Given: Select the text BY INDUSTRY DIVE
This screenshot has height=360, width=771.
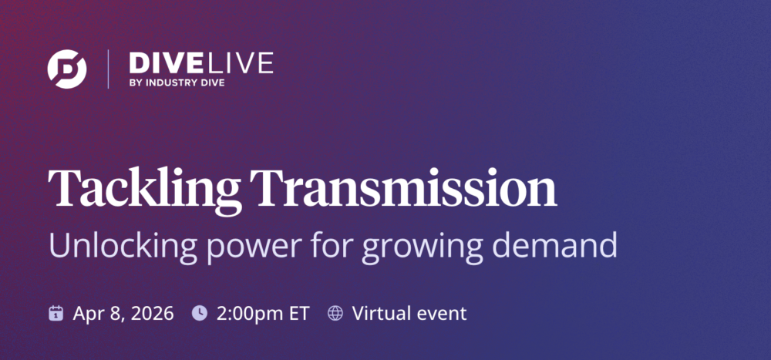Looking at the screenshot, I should (x=177, y=82).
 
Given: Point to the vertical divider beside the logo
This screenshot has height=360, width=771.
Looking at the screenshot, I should (x=108, y=69).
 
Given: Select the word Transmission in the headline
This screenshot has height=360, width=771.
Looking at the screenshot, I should (x=405, y=187).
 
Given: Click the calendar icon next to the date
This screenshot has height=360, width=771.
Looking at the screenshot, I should (x=56, y=313).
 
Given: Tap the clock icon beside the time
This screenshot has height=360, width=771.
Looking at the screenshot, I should (x=199, y=313).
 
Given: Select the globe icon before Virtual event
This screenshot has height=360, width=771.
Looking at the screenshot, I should (x=335, y=313).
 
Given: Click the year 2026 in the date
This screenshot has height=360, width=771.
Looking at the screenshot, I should (x=153, y=313).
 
